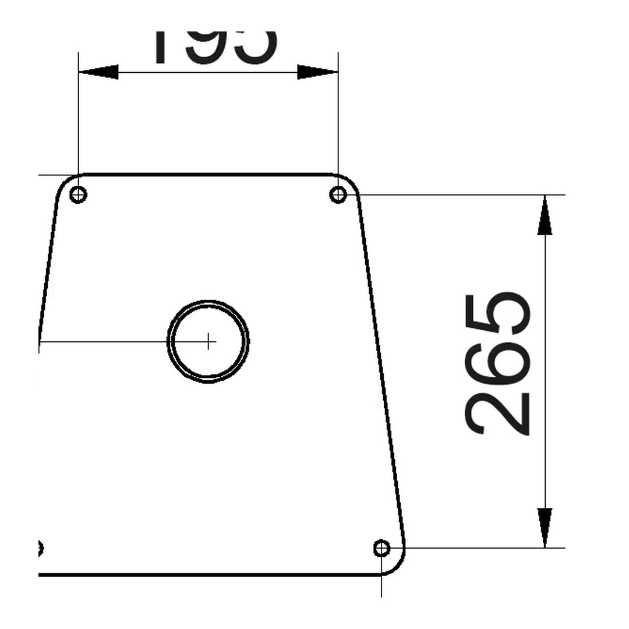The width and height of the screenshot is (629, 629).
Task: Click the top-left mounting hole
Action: [78, 194]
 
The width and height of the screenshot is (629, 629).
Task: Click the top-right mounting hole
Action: [338, 194]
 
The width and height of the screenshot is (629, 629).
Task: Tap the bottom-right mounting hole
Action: [381, 548]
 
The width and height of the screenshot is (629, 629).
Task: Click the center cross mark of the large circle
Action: [209, 341]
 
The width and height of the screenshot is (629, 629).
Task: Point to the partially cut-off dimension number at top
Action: [214, 47]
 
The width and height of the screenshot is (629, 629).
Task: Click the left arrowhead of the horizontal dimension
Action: [98, 72]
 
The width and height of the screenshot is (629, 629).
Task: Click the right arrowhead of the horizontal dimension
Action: [317, 72]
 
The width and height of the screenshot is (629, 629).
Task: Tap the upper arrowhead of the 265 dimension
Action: [545, 215]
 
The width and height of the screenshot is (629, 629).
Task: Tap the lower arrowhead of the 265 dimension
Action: [545, 527]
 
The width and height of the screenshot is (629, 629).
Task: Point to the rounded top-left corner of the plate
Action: [64, 182]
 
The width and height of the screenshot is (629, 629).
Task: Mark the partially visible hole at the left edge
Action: [40, 548]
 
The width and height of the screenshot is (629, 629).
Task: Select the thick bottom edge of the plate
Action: [204, 574]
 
